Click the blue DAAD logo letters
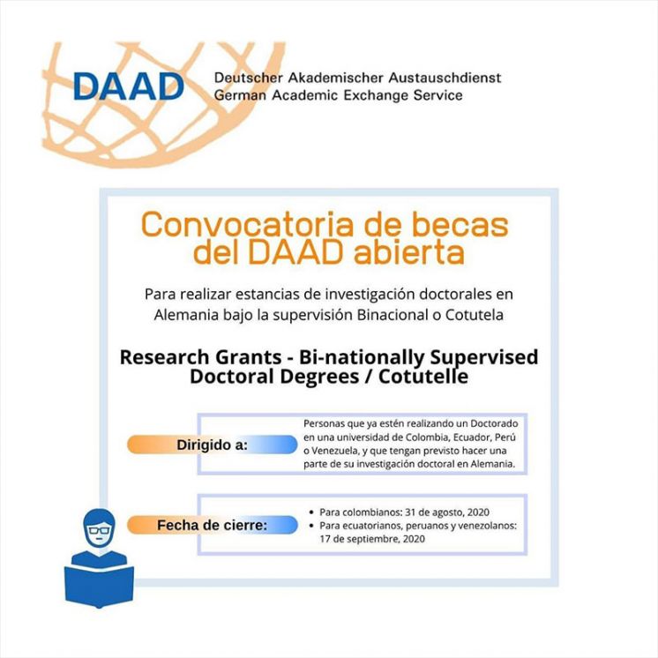(129, 86)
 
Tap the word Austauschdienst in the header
(445, 78)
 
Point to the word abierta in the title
(408, 252)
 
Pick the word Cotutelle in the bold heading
(423, 377)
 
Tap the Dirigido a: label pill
(213, 445)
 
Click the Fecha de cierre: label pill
(213, 525)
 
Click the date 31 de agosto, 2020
(447, 512)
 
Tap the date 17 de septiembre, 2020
(372, 539)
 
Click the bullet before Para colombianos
(311, 512)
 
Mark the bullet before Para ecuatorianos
(311, 526)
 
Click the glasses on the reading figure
(99, 530)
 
